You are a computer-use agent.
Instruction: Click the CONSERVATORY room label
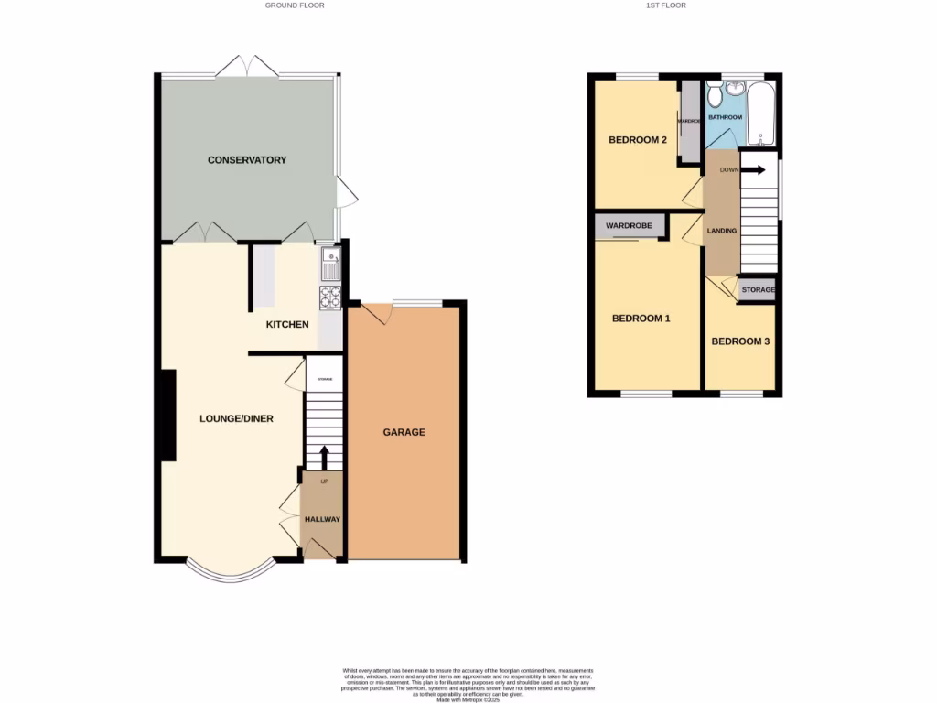click(x=247, y=160)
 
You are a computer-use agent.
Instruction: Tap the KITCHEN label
click(x=287, y=325)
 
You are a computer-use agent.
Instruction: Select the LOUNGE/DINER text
click(x=236, y=419)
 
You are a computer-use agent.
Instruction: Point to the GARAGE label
click(x=404, y=432)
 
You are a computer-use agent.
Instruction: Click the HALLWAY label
click(x=322, y=520)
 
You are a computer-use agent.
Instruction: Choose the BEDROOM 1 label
click(x=641, y=319)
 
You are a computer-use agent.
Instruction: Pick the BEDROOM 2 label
click(x=637, y=140)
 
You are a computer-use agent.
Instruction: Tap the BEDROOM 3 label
click(x=740, y=341)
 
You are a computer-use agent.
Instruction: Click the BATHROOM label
click(x=726, y=117)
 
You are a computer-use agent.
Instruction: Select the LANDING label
click(x=721, y=231)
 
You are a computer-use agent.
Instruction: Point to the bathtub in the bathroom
click(x=761, y=114)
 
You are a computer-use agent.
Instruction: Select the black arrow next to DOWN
click(x=754, y=169)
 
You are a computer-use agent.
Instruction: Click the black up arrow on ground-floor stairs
click(x=323, y=457)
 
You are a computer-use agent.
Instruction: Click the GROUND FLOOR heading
click(x=295, y=5)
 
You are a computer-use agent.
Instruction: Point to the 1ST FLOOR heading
click(x=667, y=5)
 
